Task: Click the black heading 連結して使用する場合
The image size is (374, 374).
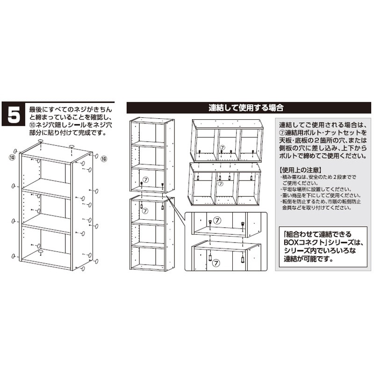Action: tap(246, 108)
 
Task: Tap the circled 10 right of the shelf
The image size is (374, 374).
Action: tap(104, 159)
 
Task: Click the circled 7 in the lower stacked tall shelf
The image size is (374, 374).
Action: tap(145, 211)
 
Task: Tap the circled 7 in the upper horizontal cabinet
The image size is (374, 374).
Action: tap(222, 147)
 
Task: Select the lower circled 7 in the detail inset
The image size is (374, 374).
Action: tap(216, 263)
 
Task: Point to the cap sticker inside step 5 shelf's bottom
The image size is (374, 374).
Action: tap(41, 252)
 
